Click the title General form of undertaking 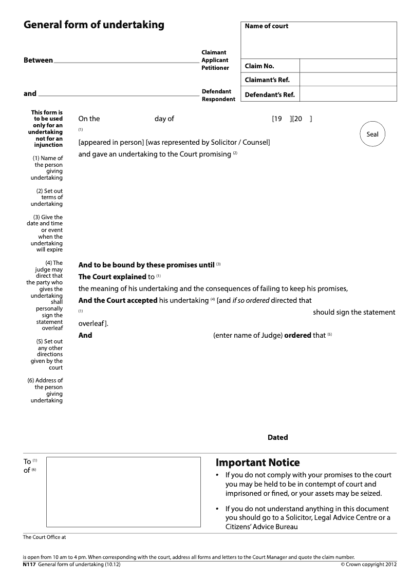tap(94, 25)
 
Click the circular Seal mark tap(372, 134)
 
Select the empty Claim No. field tap(348, 66)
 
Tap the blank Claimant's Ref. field tap(348, 80)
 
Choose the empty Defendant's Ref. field tap(348, 94)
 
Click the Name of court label tap(267, 26)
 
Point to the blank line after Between tap(126, 61)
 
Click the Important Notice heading tap(257, 462)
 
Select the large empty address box tap(123, 492)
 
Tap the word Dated tap(277, 437)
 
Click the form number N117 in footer tap(29, 565)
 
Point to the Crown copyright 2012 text tap(369, 565)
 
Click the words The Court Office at tap(45, 537)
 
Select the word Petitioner tap(215, 68)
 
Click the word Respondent tap(218, 99)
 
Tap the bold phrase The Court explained tap(112, 277)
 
